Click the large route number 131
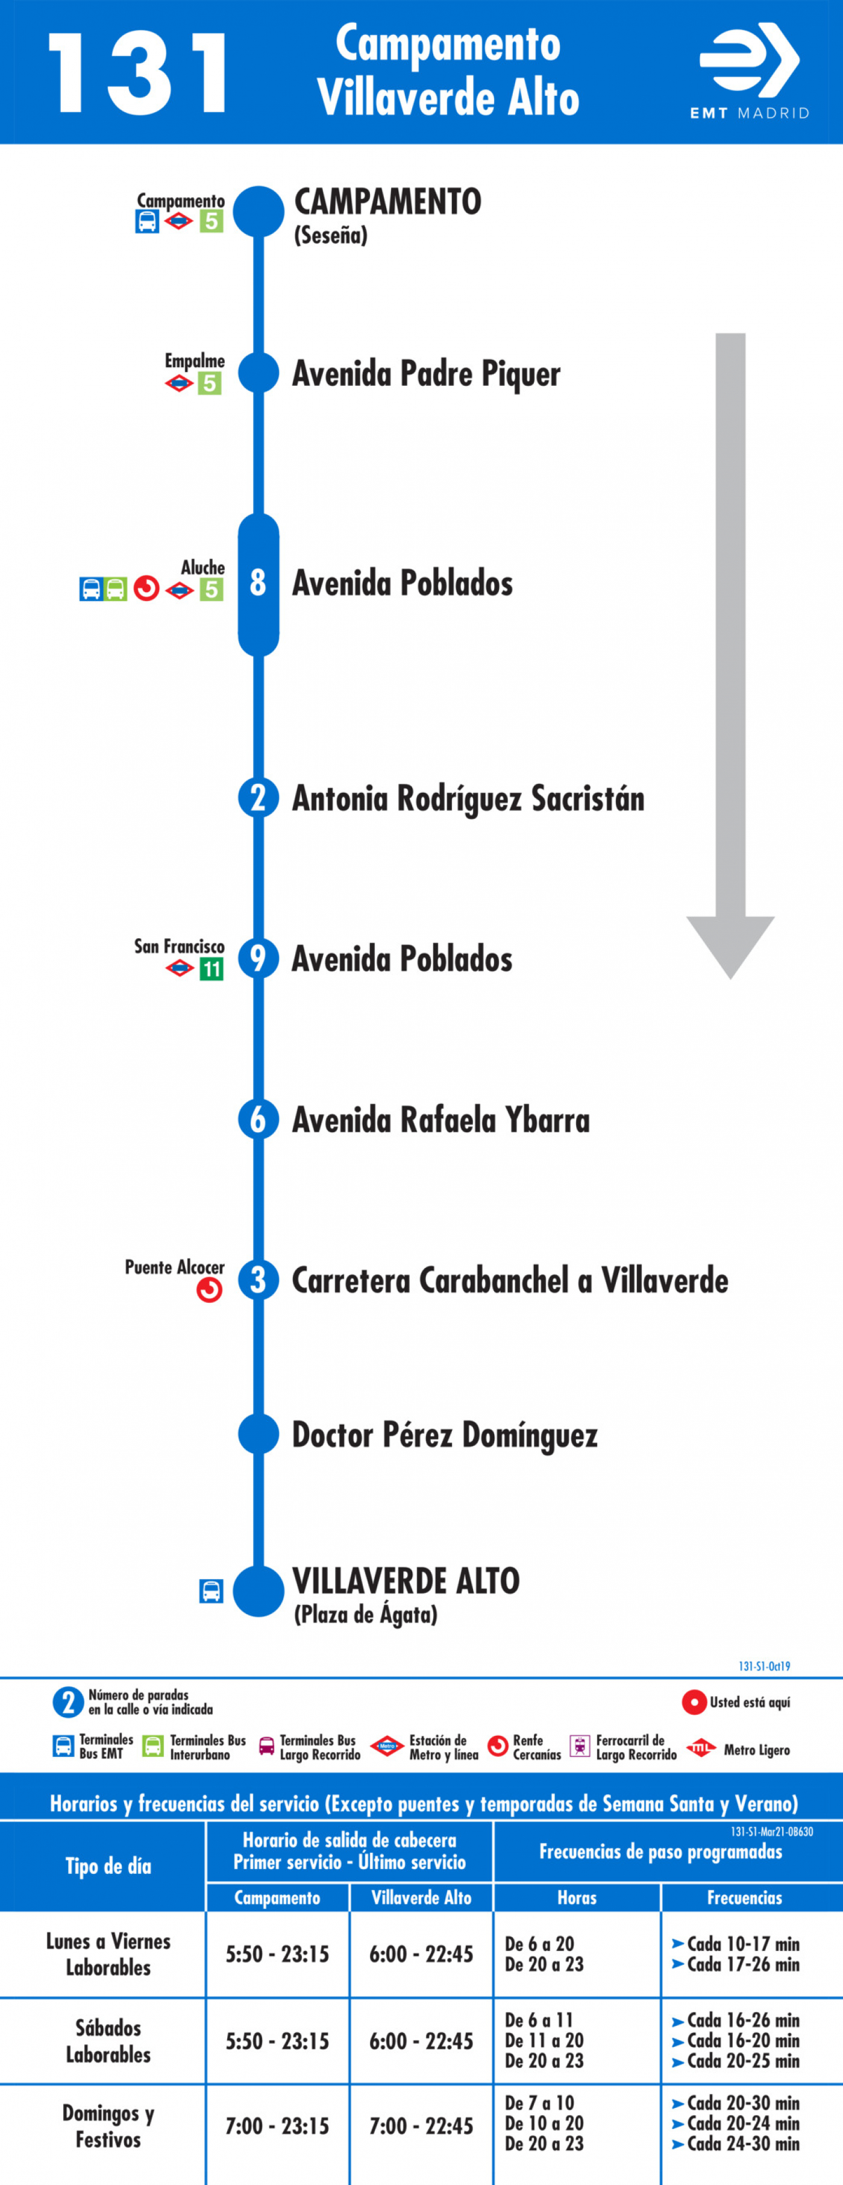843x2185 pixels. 138,73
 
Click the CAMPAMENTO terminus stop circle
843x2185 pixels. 259,211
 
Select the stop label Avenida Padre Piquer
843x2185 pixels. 426,373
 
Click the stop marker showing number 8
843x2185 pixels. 259,584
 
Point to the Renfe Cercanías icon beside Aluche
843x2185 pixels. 146,588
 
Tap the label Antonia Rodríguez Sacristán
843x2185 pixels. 468,798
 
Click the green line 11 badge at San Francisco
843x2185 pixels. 211,969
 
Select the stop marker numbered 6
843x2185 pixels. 259,1120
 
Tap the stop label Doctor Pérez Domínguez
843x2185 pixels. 445,1435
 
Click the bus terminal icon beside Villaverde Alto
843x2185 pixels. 211,1591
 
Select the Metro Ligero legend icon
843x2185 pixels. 701,1747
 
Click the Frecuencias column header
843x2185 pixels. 745,1897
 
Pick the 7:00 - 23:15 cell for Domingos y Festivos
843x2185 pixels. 277,2127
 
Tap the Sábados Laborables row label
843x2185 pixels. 108,2041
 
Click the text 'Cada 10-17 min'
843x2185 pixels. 743,1943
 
